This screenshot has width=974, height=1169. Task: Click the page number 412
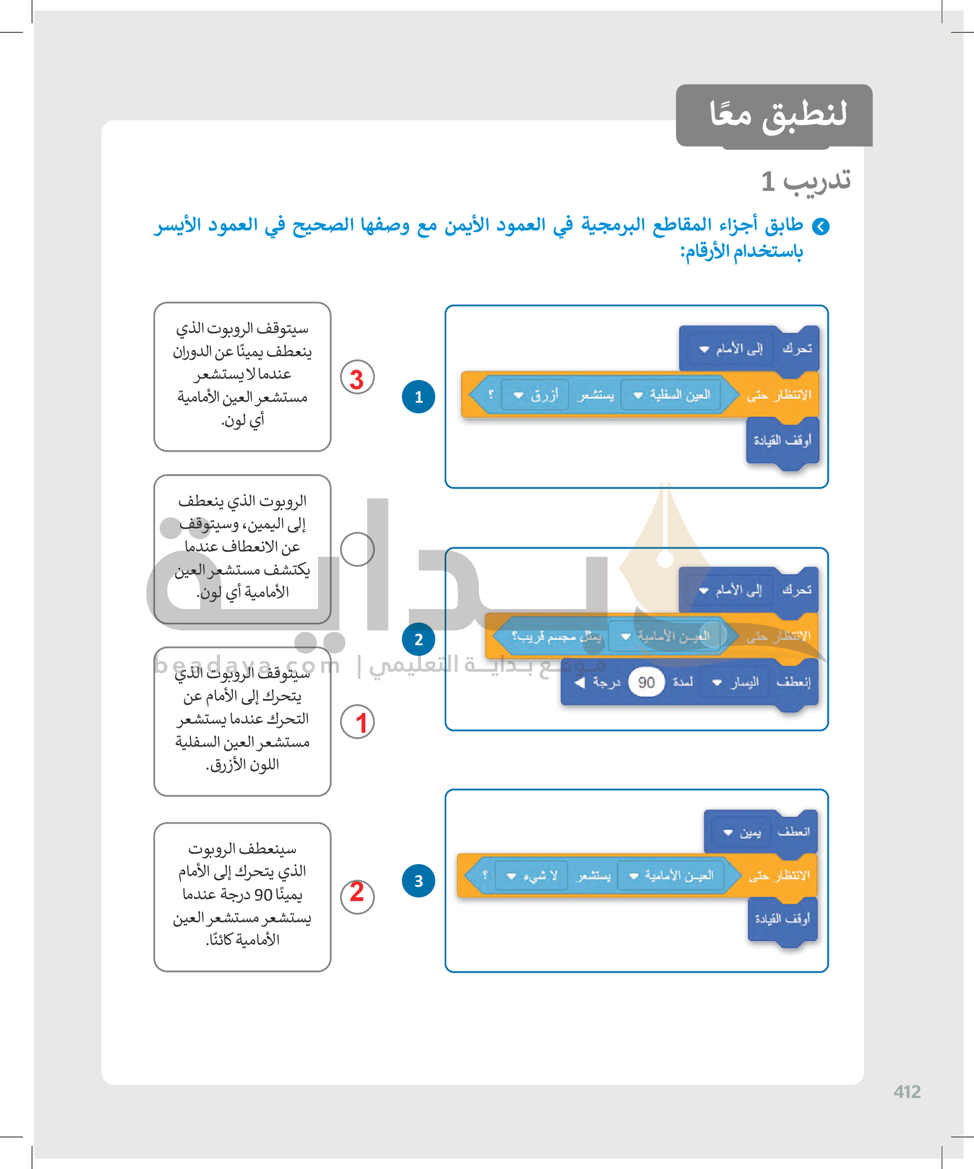tap(907, 1091)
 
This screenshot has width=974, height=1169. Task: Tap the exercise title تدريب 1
tap(805, 181)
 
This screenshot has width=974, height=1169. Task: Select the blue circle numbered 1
tap(418, 396)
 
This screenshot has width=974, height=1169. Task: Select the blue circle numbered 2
tap(418, 639)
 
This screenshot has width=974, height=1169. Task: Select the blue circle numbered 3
tap(418, 881)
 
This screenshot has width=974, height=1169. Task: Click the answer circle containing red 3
tap(357, 377)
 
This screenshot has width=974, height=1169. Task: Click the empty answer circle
tap(357, 550)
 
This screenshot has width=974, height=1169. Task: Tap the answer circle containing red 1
tap(357, 722)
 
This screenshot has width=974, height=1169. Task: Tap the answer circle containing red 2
tap(357, 896)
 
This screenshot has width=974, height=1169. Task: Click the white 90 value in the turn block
tap(646, 683)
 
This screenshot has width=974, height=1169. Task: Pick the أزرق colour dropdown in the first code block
tap(535, 395)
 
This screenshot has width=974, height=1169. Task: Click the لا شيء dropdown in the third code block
tap(530, 876)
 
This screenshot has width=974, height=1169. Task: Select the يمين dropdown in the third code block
tap(742, 833)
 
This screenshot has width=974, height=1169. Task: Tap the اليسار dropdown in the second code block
tap(735, 683)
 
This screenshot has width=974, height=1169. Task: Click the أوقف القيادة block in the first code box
tap(782, 441)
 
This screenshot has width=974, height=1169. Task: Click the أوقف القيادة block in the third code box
tap(782, 919)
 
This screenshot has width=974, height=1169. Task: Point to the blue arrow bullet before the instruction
tap(820, 227)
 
